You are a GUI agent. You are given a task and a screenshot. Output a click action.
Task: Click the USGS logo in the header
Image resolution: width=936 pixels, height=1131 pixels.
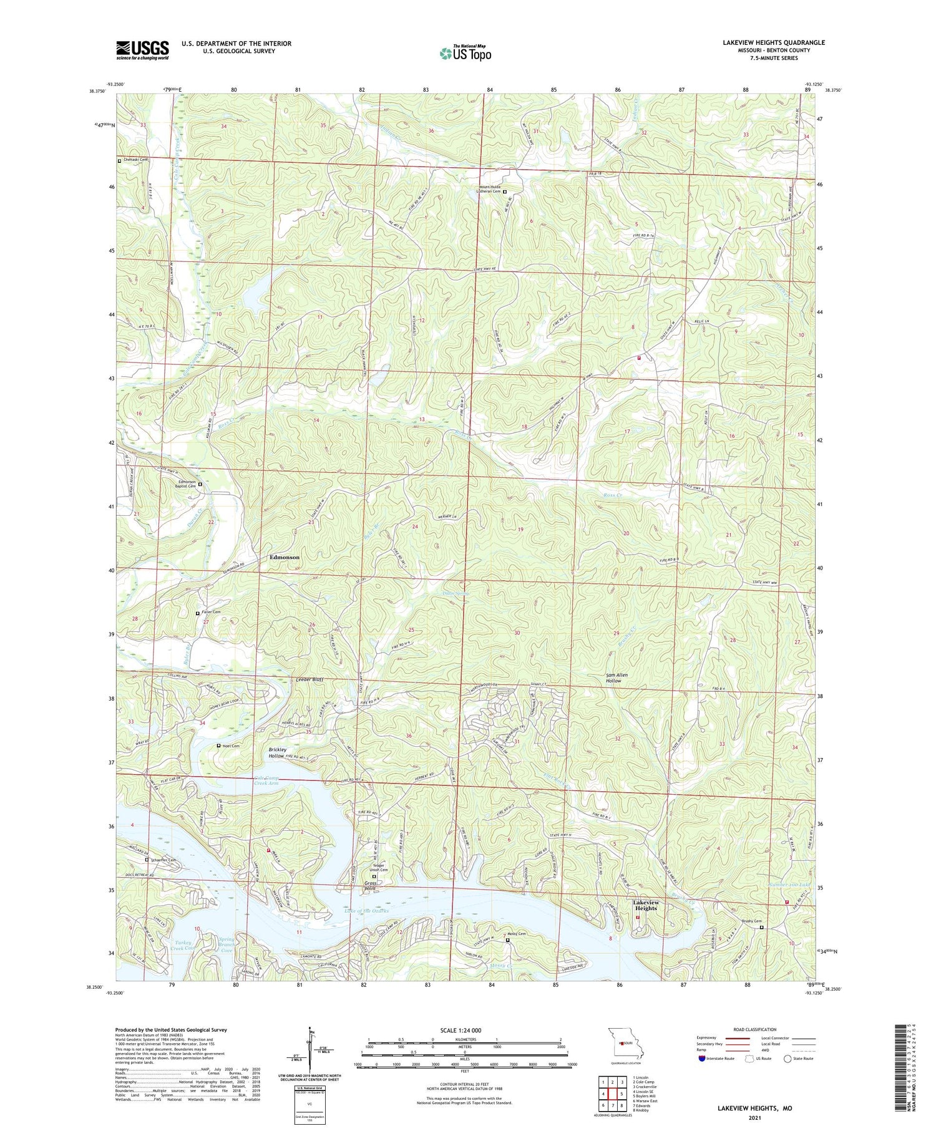(142, 50)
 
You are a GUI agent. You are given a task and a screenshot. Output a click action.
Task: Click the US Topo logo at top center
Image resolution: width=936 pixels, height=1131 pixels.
(465, 53)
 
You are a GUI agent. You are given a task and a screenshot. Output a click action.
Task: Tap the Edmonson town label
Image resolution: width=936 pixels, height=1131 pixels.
(285, 557)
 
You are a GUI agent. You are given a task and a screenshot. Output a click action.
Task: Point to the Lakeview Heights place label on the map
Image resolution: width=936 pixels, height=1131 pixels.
(645, 905)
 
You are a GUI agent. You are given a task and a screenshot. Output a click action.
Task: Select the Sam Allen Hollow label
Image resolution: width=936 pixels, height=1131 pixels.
(617, 677)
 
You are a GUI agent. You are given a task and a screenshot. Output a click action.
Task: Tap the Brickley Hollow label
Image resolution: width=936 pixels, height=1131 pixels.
(277, 752)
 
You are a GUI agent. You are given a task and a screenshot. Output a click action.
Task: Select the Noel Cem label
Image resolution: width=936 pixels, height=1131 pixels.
(230, 746)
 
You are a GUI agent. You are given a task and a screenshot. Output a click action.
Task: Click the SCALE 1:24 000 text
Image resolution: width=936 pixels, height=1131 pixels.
(461, 1030)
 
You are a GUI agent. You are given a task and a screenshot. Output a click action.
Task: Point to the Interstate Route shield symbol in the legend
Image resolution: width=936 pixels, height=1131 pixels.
(702, 1059)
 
